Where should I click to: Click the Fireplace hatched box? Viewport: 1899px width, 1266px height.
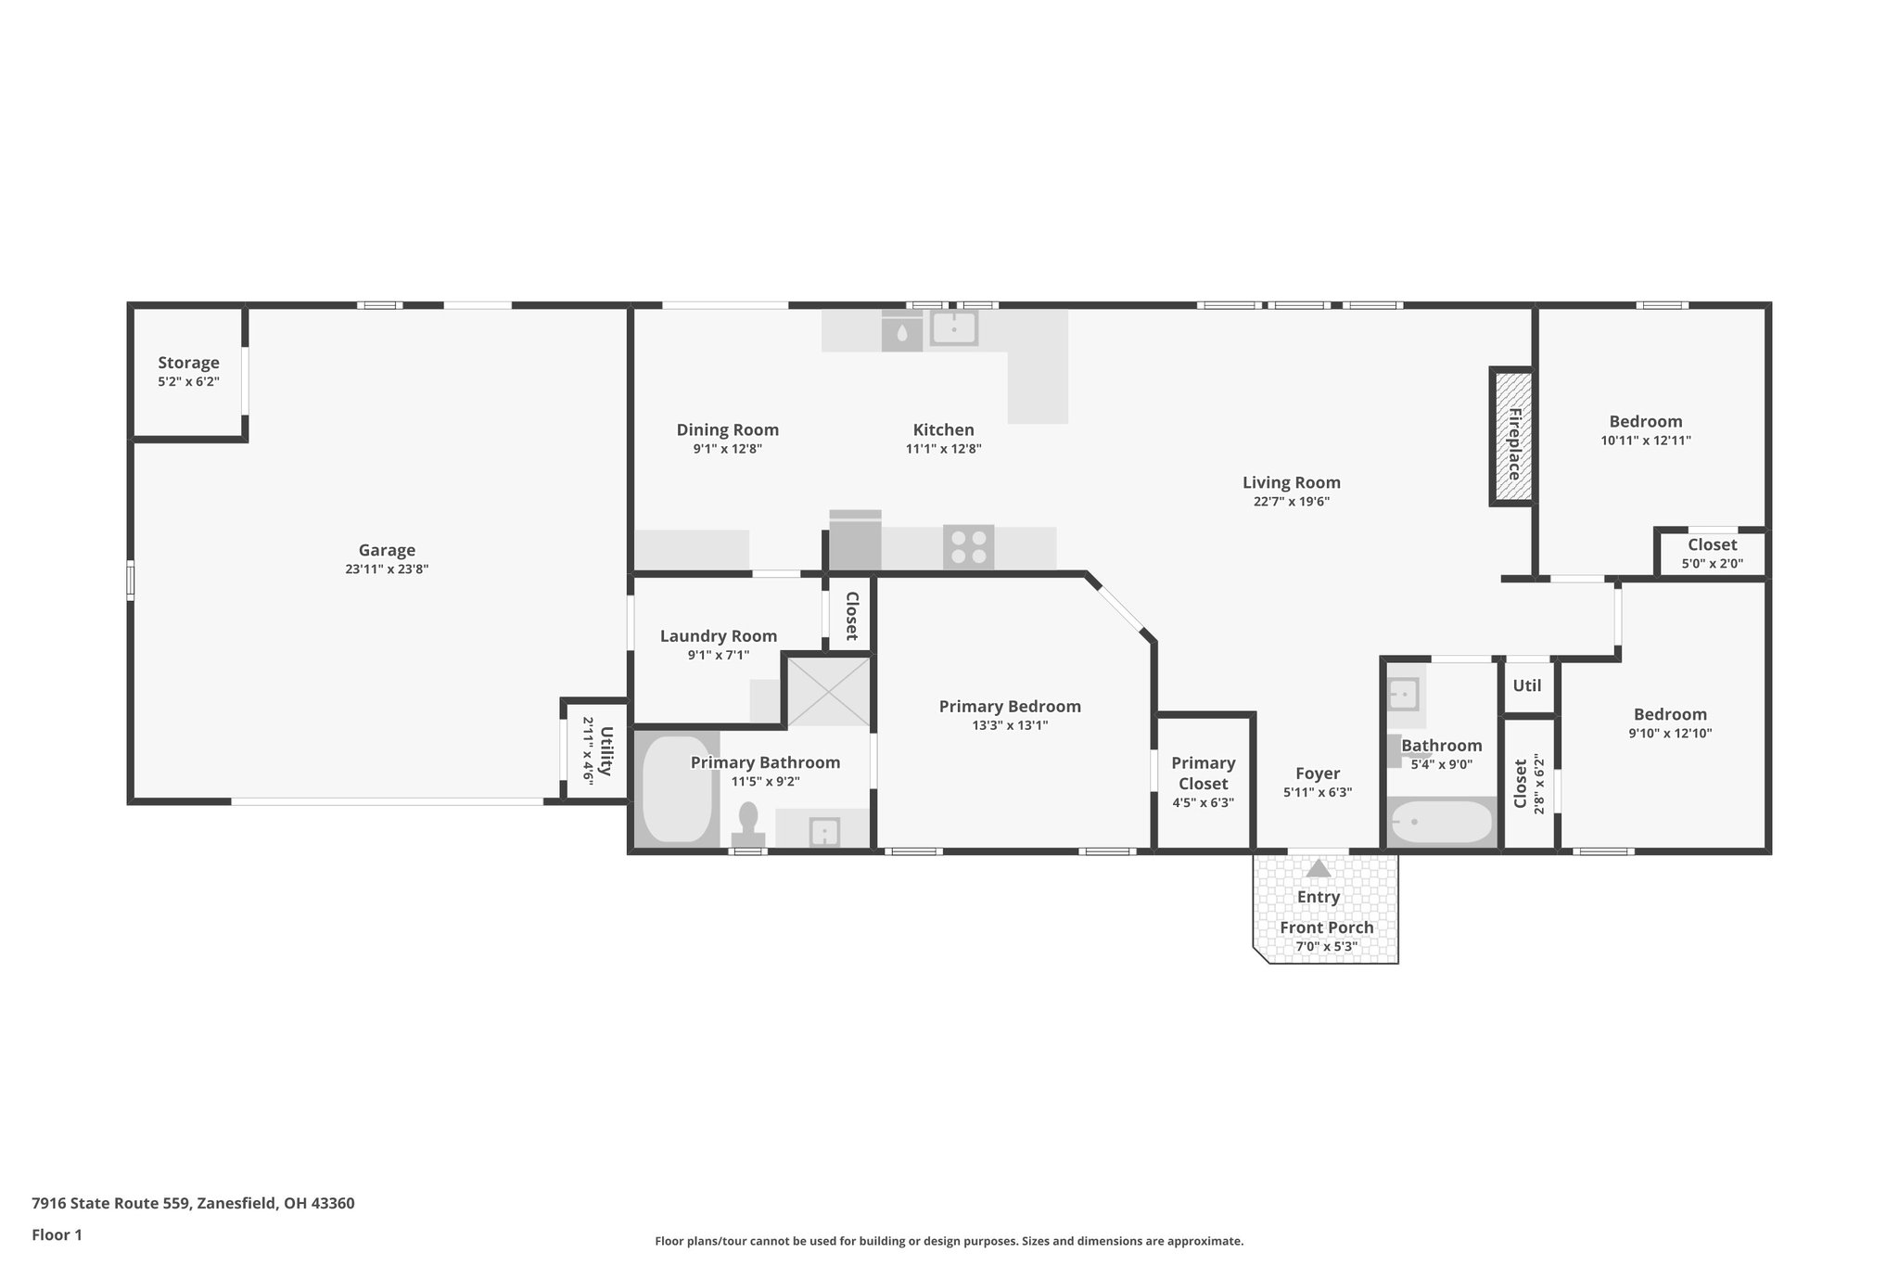click(x=1512, y=437)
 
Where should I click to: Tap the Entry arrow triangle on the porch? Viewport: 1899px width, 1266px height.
click(x=1318, y=868)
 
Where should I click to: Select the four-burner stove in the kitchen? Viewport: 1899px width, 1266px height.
click(x=969, y=546)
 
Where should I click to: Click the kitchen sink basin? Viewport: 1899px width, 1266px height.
click(x=953, y=328)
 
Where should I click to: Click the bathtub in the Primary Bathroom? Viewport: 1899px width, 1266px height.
click(x=677, y=789)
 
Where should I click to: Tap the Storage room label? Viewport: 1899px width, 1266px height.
click(x=188, y=363)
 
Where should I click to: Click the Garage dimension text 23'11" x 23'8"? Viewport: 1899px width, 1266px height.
click(x=387, y=569)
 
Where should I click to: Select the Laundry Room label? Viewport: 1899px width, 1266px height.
click(x=719, y=636)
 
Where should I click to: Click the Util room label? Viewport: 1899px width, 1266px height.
click(x=1527, y=685)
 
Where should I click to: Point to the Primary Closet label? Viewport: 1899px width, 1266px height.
click(x=1204, y=773)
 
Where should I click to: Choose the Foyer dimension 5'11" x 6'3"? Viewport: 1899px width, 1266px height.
click(x=1318, y=793)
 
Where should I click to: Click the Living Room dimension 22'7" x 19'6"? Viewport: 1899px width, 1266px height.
click(x=1292, y=502)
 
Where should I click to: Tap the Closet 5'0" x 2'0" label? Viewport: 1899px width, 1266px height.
click(x=1713, y=553)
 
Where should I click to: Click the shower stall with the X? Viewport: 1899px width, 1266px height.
click(x=828, y=690)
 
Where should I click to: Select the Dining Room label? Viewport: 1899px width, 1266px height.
click(x=728, y=430)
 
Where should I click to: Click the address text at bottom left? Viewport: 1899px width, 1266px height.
click(x=193, y=1203)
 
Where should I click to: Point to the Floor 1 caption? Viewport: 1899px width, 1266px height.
click(x=57, y=1234)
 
